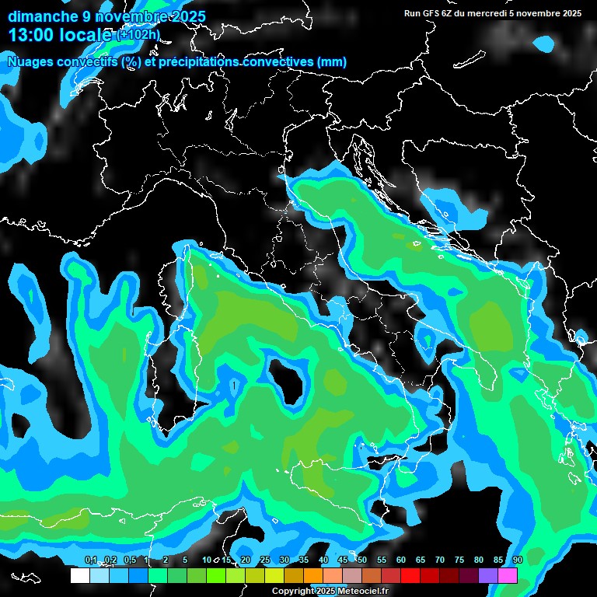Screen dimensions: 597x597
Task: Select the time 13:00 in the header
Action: click(30, 34)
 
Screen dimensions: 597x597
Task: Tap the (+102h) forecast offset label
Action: click(138, 34)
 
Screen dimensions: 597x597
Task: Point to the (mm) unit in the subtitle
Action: click(331, 61)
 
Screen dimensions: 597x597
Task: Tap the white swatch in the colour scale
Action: click(80, 575)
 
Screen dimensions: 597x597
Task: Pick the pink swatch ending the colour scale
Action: click(508, 575)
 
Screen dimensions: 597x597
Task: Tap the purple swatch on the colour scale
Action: click(488, 575)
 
